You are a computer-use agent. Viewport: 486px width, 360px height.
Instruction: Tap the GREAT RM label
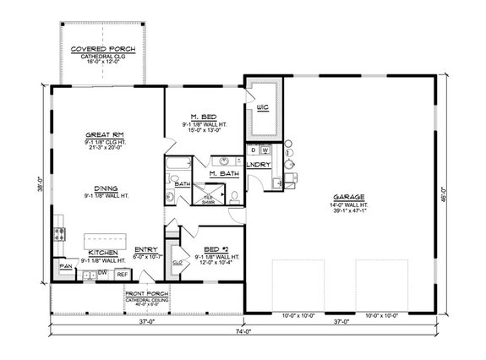click(x=105, y=134)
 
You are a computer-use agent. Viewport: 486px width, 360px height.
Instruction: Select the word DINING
click(x=105, y=189)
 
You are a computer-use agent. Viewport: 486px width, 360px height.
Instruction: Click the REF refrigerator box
click(x=121, y=275)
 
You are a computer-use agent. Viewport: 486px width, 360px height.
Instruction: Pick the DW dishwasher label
click(x=101, y=274)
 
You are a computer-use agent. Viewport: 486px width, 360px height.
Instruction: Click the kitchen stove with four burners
click(x=60, y=227)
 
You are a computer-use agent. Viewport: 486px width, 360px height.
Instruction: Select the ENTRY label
click(x=145, y=249)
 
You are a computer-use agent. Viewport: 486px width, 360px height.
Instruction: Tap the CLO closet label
click(x=177, y=262)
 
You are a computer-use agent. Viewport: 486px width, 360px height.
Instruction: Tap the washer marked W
click(x=265, y=150)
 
